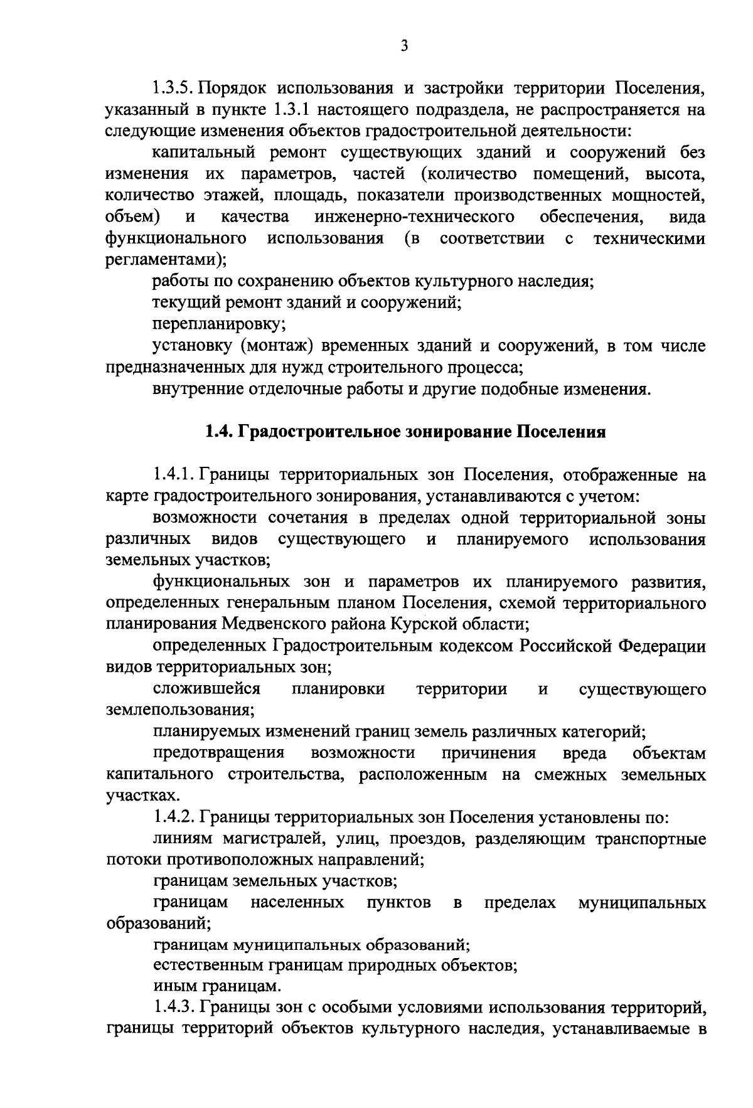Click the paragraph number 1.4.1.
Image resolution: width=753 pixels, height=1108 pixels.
(175, 475)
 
